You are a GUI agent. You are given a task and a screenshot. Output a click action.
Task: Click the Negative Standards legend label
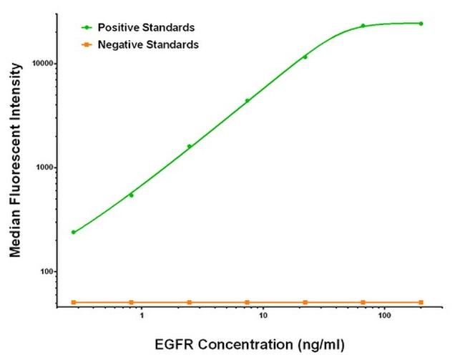click(148, 44)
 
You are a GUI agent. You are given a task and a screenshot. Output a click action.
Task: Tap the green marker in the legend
click(87, 28)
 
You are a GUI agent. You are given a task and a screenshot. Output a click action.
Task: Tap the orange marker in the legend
click(87, 44)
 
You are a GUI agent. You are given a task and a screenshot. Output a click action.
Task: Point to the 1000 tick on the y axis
click(44, 167)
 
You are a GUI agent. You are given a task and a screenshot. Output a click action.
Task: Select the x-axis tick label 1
click(142, 316)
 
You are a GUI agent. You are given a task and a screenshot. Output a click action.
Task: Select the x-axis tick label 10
click(263, 316)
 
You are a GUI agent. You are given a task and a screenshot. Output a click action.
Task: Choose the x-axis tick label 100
click(385, 316)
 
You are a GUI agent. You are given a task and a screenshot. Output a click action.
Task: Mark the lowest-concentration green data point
click(73, 232)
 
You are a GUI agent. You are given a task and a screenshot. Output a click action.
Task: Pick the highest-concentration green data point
click(421, 24)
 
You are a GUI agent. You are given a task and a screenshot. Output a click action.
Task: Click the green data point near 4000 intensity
click(247, 101)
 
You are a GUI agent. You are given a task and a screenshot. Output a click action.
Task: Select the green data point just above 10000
click(305, 57)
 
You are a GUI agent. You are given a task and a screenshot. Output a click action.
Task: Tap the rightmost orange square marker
click(421, 302)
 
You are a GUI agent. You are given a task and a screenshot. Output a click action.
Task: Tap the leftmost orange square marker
click(73, 302)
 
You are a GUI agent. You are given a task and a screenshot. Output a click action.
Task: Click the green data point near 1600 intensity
click(189, 146)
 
